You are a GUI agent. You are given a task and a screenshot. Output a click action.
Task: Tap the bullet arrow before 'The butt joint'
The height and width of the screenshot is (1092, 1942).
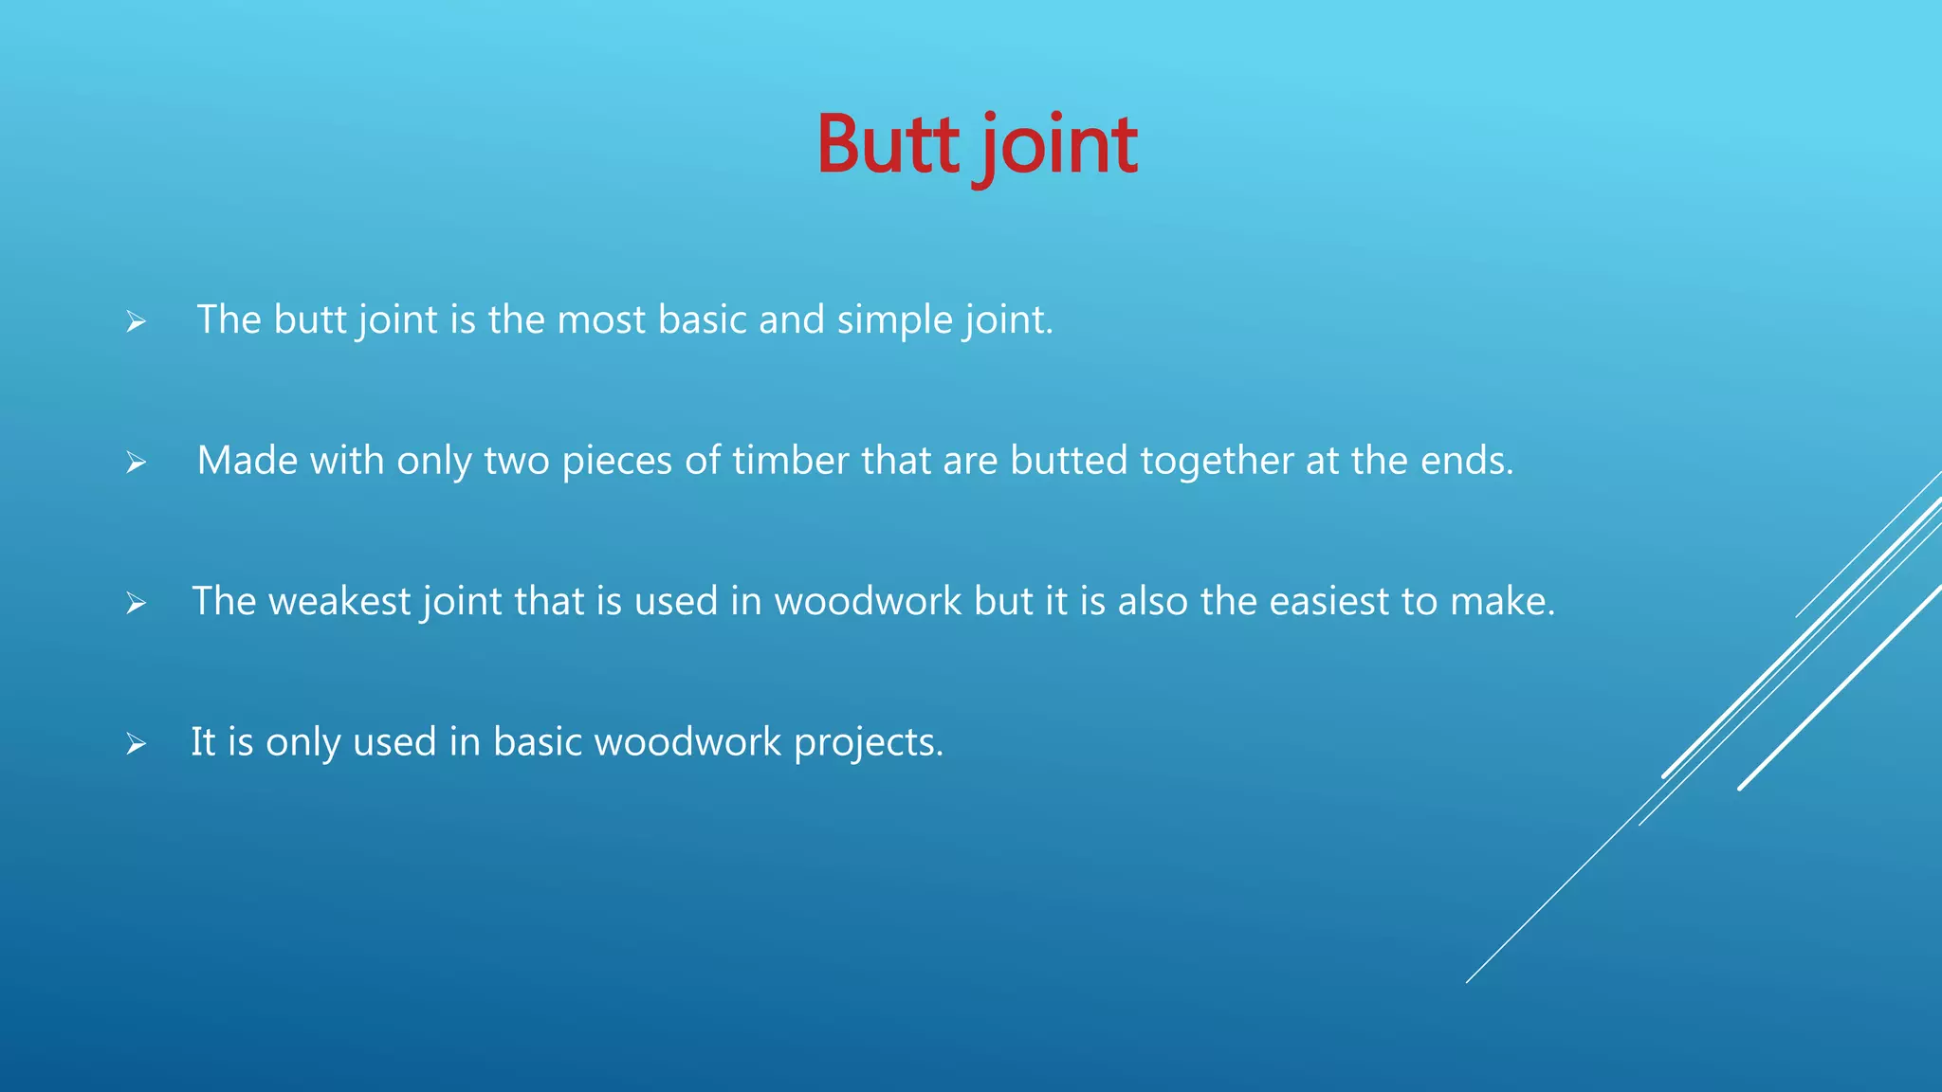pos(137,322)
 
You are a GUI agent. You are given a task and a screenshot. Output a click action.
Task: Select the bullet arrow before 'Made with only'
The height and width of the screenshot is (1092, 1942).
pos(137,463)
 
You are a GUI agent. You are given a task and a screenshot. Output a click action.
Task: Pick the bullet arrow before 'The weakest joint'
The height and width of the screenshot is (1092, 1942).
pos(137,603)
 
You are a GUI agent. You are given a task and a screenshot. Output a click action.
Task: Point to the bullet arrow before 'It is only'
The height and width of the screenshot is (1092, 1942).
pos(137,744)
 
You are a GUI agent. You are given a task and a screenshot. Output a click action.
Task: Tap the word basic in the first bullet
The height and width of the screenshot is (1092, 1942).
pos(702,319)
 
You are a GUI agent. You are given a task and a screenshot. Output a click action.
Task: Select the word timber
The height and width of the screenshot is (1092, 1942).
pos(790,461)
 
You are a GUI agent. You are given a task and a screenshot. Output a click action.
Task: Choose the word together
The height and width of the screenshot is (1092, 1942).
pos(1217,462)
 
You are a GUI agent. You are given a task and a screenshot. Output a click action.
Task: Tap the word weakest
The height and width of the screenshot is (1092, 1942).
pos(339,601)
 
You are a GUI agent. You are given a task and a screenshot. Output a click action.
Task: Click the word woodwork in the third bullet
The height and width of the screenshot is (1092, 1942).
pos(868,601)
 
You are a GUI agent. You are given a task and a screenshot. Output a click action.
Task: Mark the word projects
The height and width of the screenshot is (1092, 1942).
pos(868,742)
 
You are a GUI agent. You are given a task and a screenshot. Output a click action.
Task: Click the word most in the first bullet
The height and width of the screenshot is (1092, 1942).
pos(601,319)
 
